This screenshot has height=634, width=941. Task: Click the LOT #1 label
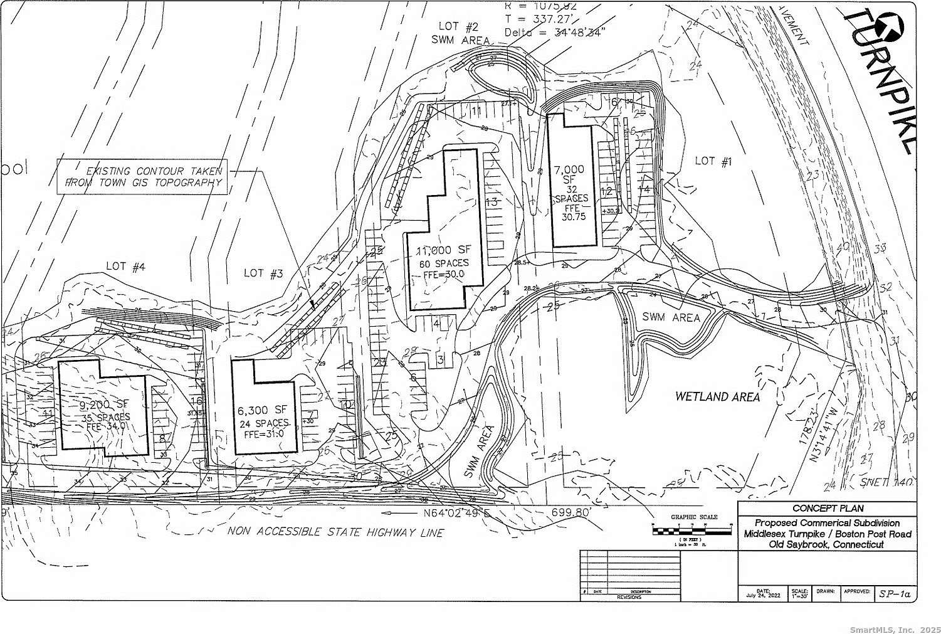pos(713,161)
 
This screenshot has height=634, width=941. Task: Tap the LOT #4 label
pos(125,267)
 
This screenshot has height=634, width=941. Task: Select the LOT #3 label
pos(263,273)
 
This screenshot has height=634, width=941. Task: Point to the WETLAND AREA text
pos(717,396)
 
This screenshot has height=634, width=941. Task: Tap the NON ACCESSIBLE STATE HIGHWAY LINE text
pos(336,532)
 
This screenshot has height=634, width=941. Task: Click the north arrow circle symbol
pos(888,26)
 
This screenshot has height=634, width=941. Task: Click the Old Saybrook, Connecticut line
pos(826,544)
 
